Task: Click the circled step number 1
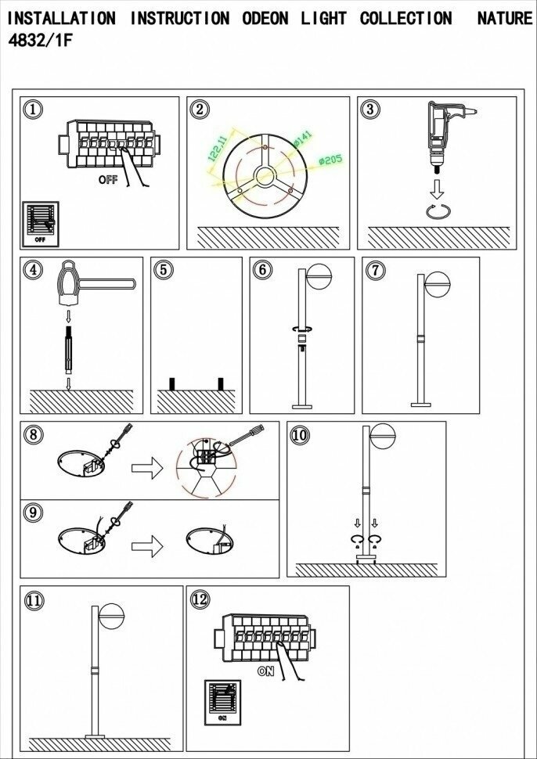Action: [x=32, y=110]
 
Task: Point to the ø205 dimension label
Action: [x=331, y=160]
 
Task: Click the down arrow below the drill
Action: [x=438, y=188]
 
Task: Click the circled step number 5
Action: [x=163, y=270]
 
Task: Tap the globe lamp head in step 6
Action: [x=320, y=279]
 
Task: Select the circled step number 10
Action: [x=300, y=435]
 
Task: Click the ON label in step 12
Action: [x=265, y=671]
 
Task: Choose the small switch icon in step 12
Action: [x=222, y=700]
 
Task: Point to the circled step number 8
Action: [x=32, y=435]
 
